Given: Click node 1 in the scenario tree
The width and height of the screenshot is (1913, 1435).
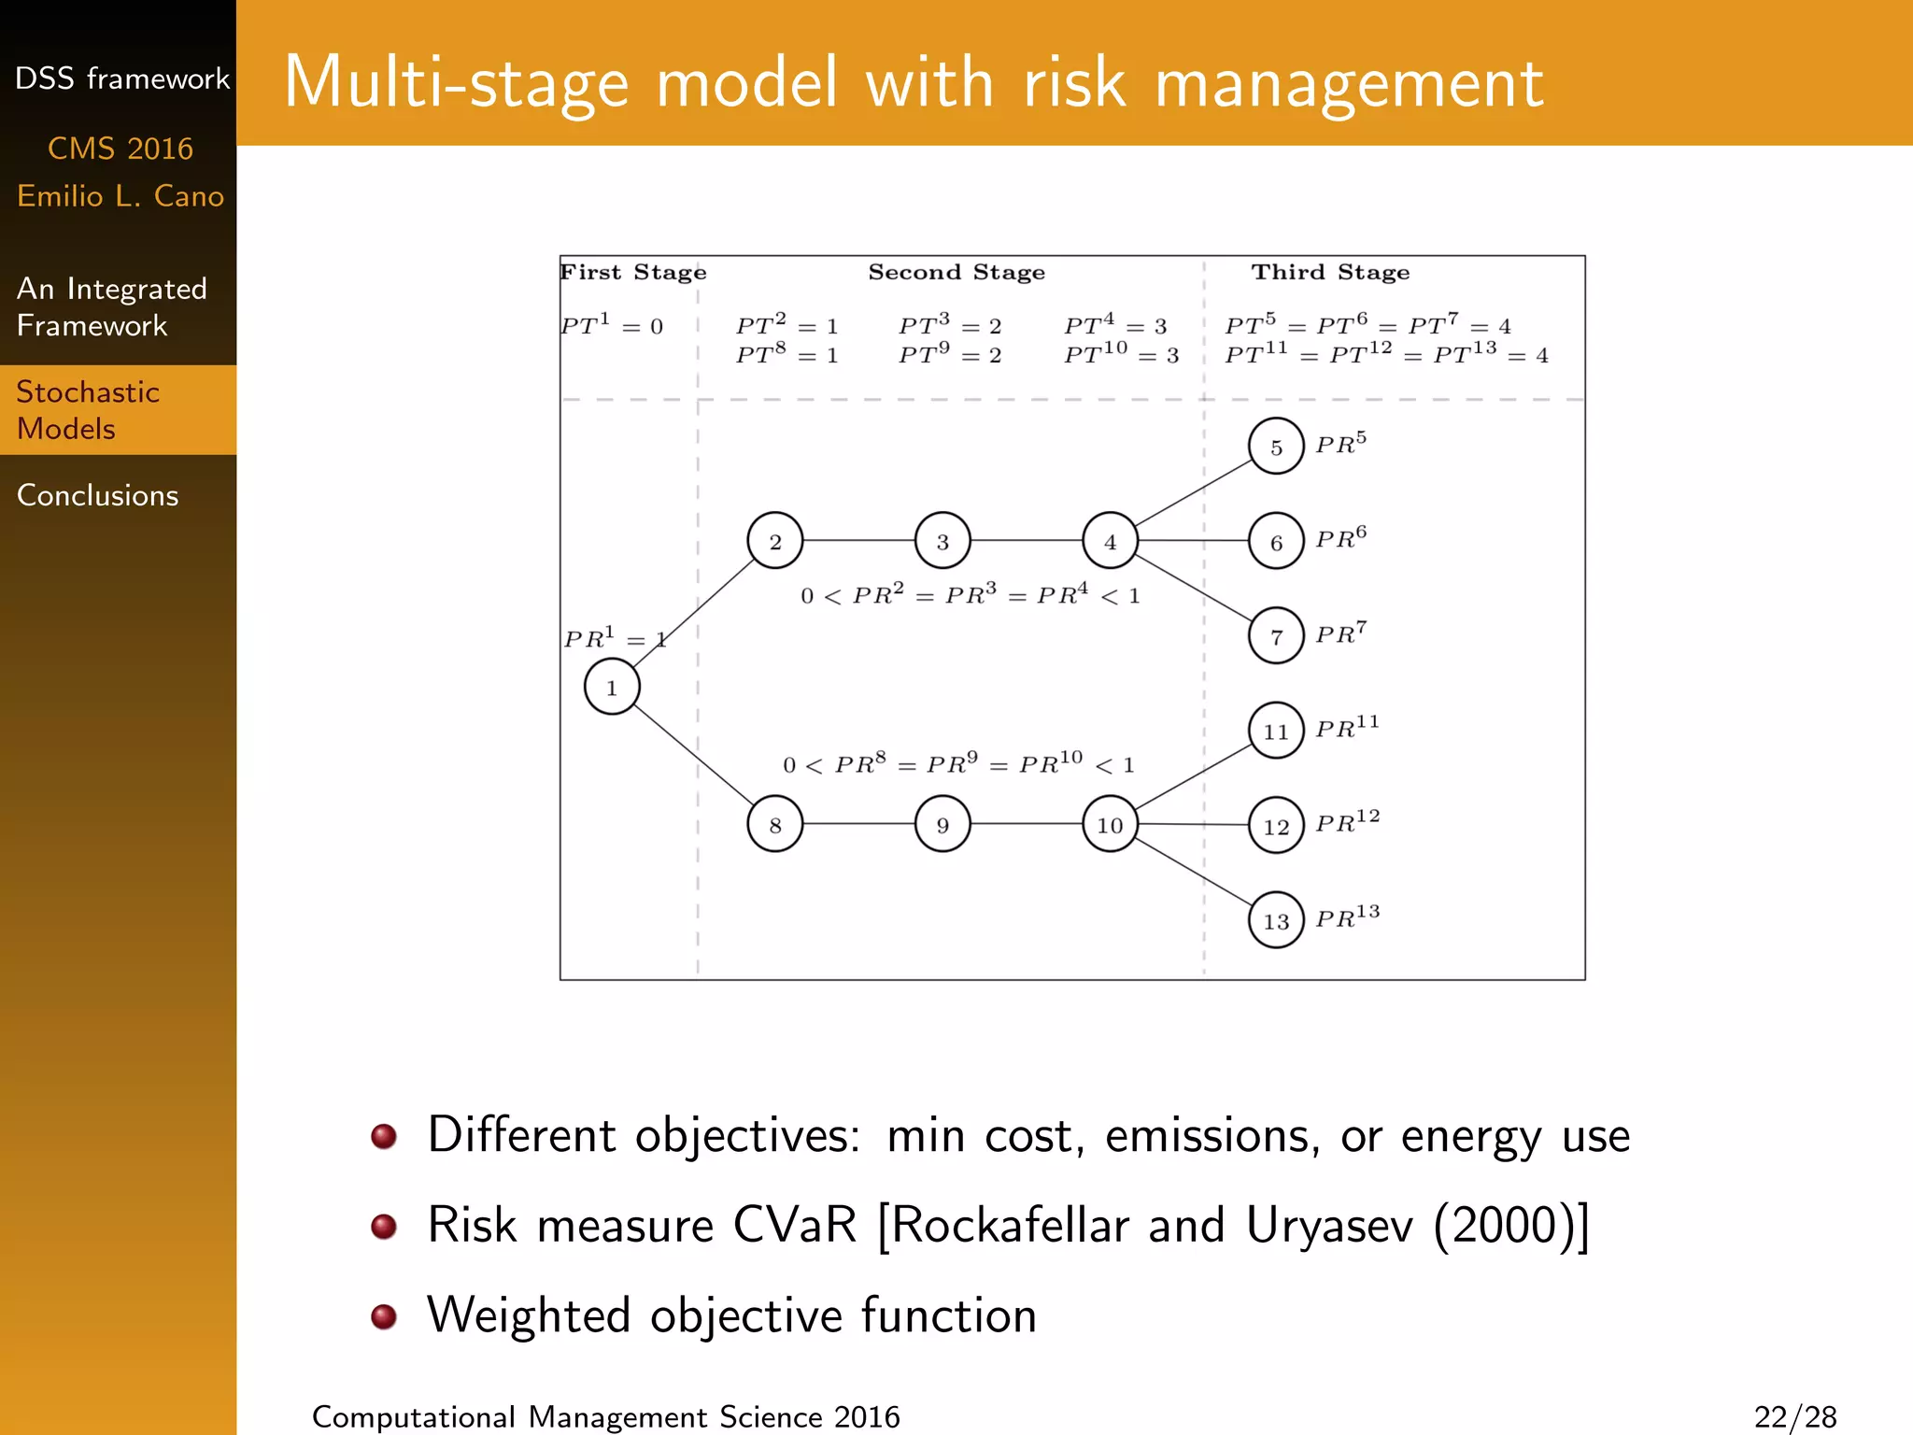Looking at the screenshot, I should point(612,687).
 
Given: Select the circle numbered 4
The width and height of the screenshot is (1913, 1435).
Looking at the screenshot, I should point(1110,541).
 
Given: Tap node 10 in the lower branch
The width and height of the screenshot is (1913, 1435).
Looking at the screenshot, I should point(1110,825).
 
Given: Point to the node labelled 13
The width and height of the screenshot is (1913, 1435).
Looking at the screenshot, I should point(1276,920).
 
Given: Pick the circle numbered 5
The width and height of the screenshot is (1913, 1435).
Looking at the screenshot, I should point(1276,447).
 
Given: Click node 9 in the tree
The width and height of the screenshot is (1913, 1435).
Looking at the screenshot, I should point(942,825).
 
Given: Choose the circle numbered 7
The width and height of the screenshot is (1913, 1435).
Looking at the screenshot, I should point(1276,636).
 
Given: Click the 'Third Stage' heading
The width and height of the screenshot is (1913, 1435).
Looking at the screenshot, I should point(1330,272).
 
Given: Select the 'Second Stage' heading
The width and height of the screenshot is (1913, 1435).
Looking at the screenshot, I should point(956,272).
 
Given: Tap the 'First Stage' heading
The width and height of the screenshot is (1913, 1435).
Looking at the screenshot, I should point(633,272).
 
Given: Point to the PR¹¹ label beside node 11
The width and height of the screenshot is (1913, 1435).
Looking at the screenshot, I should point(1347,727).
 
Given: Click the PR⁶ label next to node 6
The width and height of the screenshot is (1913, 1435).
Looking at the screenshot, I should point(1340,537).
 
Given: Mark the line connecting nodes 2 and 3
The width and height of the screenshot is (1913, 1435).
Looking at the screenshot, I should point(858,541).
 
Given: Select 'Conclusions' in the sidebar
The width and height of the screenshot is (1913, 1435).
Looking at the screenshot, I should point(97,495).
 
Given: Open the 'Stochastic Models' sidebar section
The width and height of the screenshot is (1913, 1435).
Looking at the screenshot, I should point(88,410).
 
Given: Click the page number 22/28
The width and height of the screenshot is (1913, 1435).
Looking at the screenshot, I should point(1794,1416).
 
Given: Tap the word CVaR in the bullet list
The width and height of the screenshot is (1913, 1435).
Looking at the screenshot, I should point(794,1225).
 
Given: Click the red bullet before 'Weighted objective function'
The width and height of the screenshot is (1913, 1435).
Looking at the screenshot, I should point(384,1316).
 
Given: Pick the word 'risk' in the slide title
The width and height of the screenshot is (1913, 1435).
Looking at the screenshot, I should point(1075,84).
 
